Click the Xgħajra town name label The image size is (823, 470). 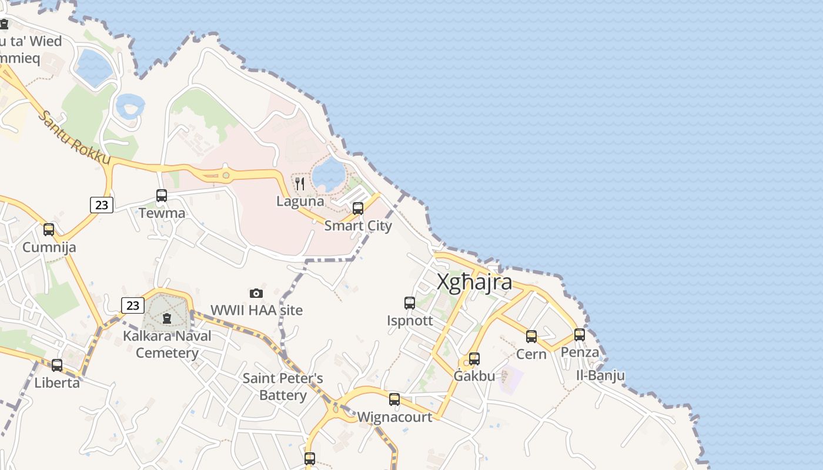coord(474,283)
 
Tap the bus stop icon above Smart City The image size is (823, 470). coord(357,209)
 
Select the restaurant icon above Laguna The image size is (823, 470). coord(300,184)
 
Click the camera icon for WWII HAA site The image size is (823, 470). coord(256,293)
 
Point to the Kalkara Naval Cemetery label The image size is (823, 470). coord(167,344)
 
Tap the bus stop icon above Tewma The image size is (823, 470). coord(162,196)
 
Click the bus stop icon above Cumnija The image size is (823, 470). coord(49,230)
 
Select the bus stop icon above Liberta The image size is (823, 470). coord(57,365)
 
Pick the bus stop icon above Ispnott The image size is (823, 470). coord(410,303)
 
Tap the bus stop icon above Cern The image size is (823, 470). coord(531,337)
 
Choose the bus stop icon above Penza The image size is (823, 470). coord(580,335)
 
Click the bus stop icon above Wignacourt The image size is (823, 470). coord(394,399)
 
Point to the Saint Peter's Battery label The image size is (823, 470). coord(283,387)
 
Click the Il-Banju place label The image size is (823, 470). coord(600,375)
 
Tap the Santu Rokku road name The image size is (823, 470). coord(74,137)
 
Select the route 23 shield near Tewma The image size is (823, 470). coord(102,204)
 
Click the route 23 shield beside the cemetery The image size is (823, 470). coord(133,305)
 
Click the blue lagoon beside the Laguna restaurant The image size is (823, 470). coord(328,173)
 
